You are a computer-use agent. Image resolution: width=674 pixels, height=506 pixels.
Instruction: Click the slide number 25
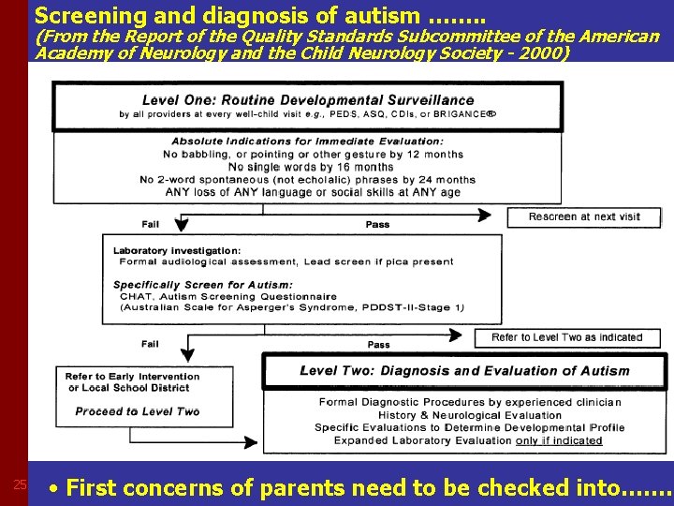click(x=19, y=484)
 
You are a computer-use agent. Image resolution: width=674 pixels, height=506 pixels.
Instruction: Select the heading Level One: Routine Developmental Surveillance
click(x=308, y=100)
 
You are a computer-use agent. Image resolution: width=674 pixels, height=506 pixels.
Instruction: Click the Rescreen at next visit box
click(x=584, y=217)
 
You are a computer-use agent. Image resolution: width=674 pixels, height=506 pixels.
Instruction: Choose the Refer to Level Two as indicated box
click(x=566, y=337)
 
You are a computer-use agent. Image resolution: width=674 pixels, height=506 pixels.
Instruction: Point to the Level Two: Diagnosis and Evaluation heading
click(x=464, y=371)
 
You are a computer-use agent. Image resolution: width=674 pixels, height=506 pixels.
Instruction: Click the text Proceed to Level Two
click(x=138, y=411)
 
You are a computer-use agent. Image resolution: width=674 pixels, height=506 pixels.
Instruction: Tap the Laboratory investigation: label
click(x=177, y=250)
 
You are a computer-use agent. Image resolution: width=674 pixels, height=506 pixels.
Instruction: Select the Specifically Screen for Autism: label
click(x=203, y=285)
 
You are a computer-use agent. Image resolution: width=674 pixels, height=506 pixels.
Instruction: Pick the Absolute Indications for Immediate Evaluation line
click(x=308, y=141)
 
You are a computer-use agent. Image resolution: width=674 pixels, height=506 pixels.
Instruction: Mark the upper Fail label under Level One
click(x=151, y=224)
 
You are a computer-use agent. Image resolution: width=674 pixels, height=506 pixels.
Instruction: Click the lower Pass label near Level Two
click(x=379, y=345)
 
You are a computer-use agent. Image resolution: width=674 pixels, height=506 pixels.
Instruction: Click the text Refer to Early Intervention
click(x=133, y=377)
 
